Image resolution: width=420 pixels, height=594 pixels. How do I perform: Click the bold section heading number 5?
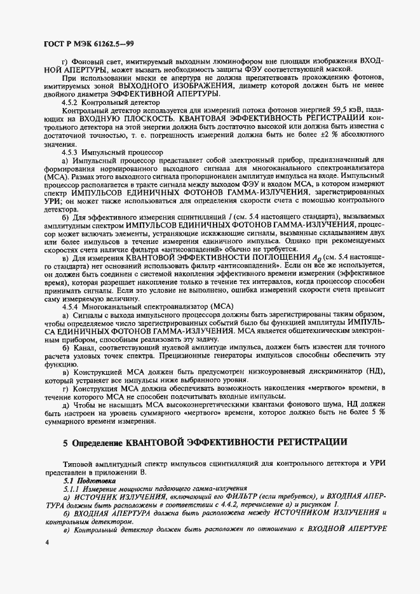[x=66, y=442]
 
